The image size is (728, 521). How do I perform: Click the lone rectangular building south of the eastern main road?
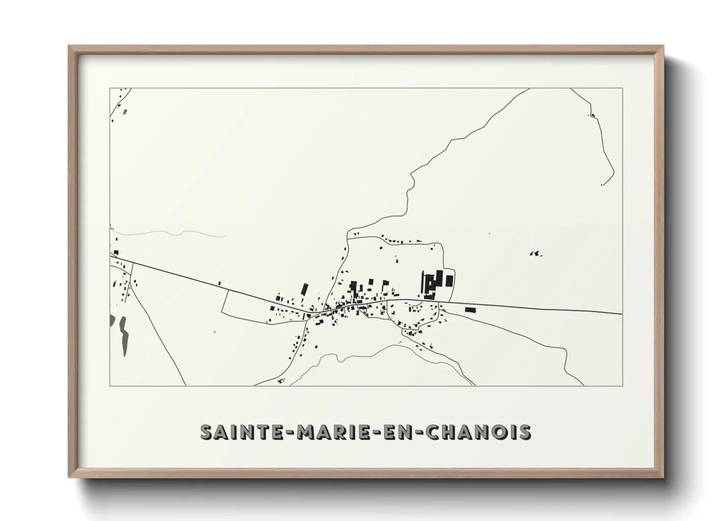tap(471, 310)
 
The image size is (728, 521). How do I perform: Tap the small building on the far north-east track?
tap(592, 116)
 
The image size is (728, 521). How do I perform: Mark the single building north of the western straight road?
tap(219, 283)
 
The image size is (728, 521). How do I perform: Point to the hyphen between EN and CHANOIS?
tap(418, 433)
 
